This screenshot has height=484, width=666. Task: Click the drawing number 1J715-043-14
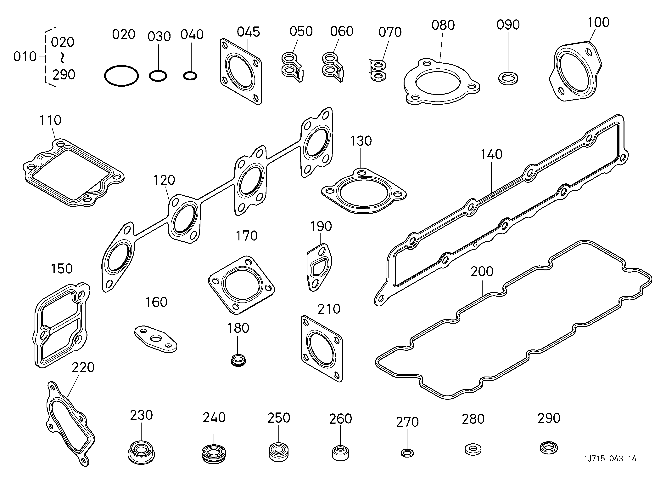point(610,467)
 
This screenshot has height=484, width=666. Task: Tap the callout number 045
point(249,32)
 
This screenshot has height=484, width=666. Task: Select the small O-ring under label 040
point(190,76)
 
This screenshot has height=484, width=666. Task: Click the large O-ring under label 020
point(121,76)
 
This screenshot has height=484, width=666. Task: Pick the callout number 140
point(491,154)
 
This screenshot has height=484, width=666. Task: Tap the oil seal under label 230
point(141,452)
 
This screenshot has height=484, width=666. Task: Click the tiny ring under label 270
point(407,453)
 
